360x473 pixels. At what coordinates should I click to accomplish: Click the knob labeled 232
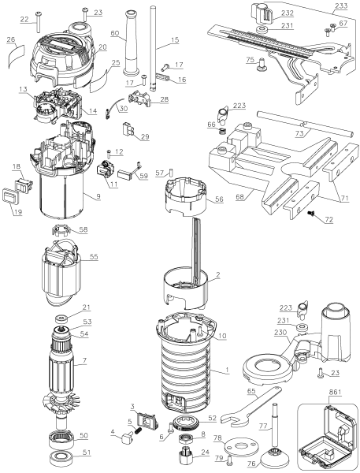[x=261, y=13]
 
